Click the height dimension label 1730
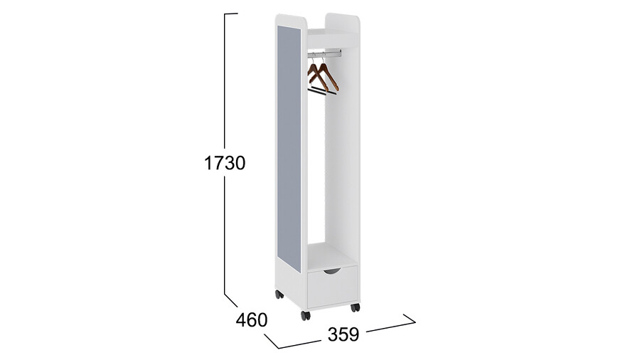click(225, 163)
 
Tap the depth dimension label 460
click(252, 320)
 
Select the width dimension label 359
click(343, 334)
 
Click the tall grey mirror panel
click(289, 149)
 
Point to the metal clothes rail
click(325, 53)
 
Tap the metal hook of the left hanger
click(313, 58)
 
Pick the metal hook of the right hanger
click(324, 58)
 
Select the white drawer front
click(333, 287)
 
